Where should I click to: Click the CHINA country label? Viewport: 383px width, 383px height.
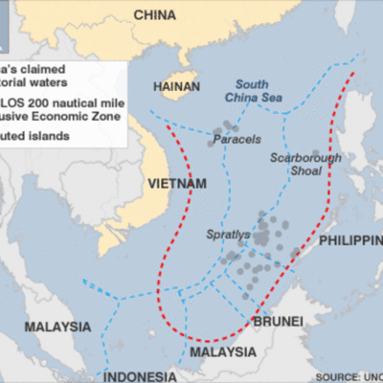pyautogui.click(x=159, y=14)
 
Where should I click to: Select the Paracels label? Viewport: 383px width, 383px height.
pyautogui.click(x=235, y=139)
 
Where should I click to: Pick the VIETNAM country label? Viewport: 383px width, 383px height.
pyautogui.click(x=178, y=183)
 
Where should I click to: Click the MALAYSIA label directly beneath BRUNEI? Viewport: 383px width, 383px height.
pyautogui.click(x=222, y=353)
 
